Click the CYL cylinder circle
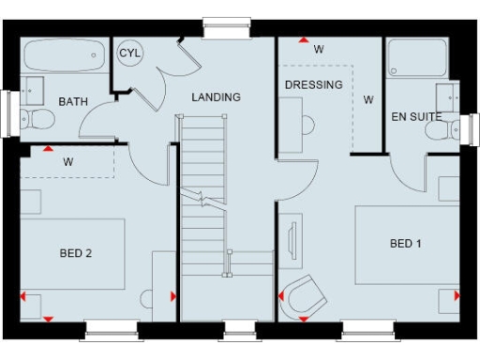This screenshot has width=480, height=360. tap(129, 53)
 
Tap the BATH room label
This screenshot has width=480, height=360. tap(73, 101)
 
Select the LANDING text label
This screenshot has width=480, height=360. tap(217, 97)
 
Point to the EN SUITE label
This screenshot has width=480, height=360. tap(415, 116)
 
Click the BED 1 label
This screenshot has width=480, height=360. tap(406, 244)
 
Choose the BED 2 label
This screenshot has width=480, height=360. tap(76, 252)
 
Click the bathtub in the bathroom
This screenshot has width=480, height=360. tap(63, 57)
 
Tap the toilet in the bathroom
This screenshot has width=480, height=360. tap(35, 119)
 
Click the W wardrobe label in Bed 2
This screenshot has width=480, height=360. tap(68, 161)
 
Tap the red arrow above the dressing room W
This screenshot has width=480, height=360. tap(303, 40)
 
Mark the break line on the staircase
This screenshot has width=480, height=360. tap(203, 198)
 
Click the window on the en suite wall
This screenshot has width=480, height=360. tap(469, 127)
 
